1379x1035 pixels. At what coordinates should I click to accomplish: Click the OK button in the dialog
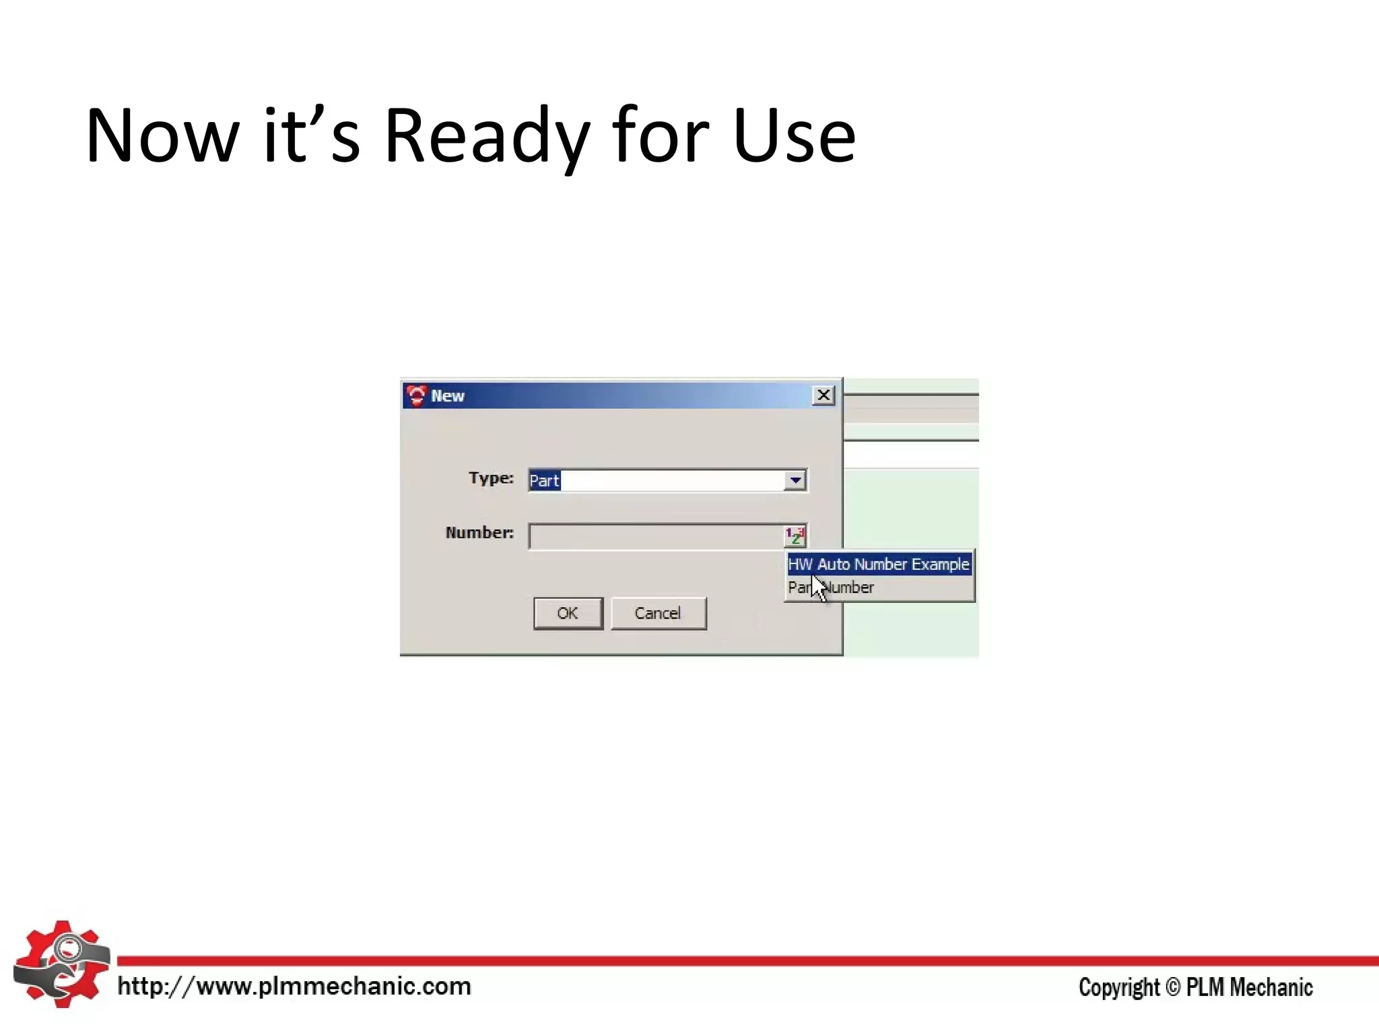pos(568,613)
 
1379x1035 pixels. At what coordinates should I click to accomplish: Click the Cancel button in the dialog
pos(658,613)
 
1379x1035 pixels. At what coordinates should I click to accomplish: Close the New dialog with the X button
pos(823,396)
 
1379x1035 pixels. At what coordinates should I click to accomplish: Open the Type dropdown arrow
pos(795,480)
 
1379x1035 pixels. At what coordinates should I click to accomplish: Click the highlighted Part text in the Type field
pos(544,480)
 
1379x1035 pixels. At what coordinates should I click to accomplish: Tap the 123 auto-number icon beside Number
pos(795,536)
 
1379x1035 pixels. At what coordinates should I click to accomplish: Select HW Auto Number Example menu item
pos(879,564)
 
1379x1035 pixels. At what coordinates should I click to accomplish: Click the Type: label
pos(491,478)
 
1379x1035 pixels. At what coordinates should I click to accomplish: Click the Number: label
pos(479,532)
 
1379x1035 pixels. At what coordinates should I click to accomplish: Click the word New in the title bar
pos(448,396)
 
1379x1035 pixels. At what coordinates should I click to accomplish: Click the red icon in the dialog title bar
pos(417,396)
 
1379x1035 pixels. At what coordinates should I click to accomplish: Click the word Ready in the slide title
pos(486,137)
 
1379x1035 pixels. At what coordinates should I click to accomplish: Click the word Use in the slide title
pos(794,137)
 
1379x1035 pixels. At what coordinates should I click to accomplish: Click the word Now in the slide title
pos(162,137)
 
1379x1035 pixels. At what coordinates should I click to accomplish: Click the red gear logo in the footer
pos(61,964)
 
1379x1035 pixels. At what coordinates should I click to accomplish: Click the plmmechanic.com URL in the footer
pos(294,986)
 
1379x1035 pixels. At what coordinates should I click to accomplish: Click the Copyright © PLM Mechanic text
pos(1195,987)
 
